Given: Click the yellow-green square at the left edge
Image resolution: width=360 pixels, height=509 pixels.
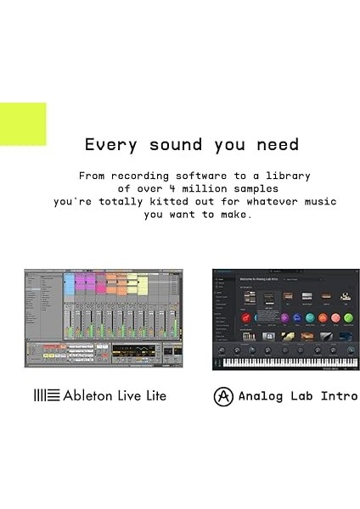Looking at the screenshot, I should point(22,124).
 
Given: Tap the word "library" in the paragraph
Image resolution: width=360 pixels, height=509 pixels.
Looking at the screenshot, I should point(287,176).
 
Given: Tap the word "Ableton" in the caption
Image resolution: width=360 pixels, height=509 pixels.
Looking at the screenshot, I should point(91,395).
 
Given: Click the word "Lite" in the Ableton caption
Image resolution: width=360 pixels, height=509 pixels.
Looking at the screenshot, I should point(153,395).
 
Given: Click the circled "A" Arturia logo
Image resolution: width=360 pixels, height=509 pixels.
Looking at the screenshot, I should point(223,396).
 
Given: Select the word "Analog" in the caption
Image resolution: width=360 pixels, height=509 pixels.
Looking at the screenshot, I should point(259,396).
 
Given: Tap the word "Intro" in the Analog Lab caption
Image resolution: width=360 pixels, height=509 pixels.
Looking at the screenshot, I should point(339,396).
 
